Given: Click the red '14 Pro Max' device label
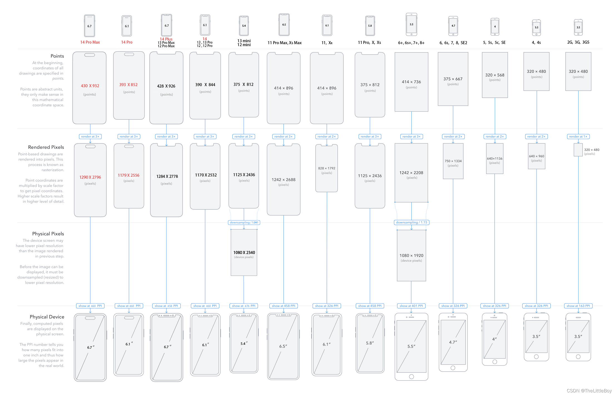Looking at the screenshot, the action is pos(90,42).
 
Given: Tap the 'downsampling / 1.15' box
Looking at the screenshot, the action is pos(411,222).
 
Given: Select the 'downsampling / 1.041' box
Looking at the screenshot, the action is pos(244,222).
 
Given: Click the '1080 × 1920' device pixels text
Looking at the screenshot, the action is pos(411,255).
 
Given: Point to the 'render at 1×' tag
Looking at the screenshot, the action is pos(578,136).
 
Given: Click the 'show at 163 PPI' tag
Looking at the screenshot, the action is pos(578,306).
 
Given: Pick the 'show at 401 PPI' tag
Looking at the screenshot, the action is pos(411,306).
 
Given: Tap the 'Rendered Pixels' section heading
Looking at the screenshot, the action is pos(46,147).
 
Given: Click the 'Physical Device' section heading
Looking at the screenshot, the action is pos(47,317).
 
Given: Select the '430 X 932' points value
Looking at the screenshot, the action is pos(90,86).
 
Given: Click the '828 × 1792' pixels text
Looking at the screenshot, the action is pos(327,168).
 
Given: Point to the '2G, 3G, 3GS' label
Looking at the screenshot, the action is pos(578,42).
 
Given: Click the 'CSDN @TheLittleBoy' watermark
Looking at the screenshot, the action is pos(589,390).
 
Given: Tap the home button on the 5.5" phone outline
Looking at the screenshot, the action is pos(411,377).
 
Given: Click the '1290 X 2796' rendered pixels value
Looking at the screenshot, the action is pos(90,177).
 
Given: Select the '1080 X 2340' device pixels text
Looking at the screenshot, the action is pos(244,252).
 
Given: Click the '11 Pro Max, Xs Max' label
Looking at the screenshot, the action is pos(284,43).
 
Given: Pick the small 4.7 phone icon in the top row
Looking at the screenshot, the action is pos(453,26).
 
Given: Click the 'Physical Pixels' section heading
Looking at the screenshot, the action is pos(48,234).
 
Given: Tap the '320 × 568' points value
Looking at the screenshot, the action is pos(495,75).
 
